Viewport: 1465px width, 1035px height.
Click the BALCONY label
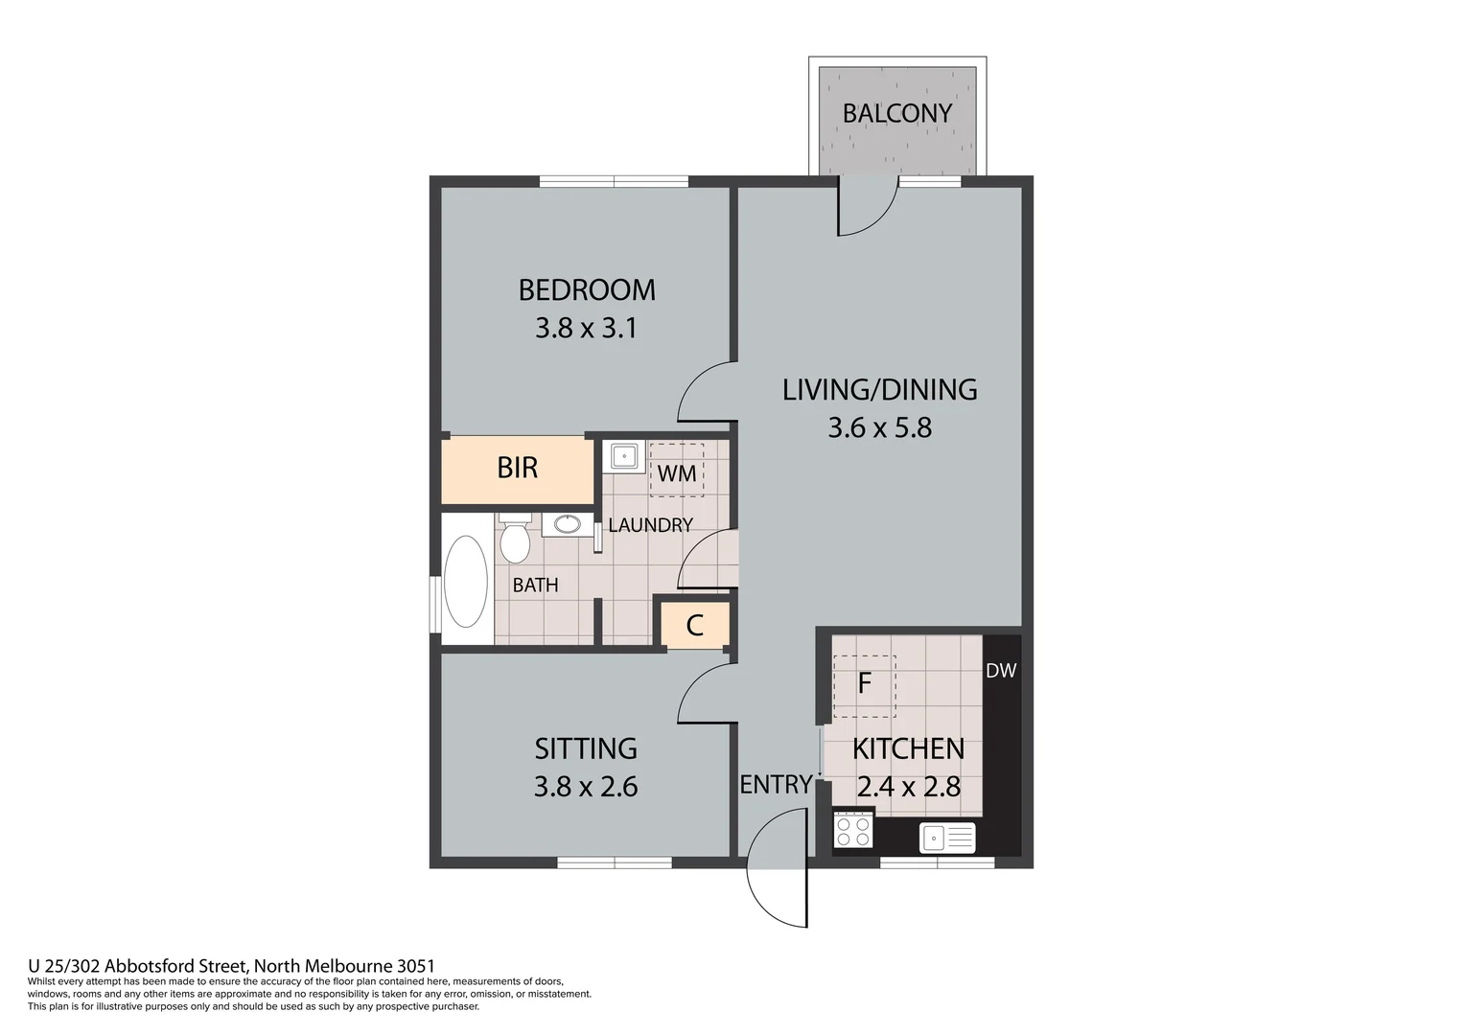point(896,113)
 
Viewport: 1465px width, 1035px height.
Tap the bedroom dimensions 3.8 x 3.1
point(586,329)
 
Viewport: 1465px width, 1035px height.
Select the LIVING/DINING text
point(879,390)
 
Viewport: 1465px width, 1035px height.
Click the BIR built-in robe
point(517,469)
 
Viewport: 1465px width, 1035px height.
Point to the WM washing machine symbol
point(676,471)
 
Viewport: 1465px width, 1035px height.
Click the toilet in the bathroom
point(515,541)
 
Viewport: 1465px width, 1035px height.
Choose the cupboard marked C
point(695,626)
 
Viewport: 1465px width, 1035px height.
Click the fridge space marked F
point(864,684)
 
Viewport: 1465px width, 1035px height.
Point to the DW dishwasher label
point(1001,671)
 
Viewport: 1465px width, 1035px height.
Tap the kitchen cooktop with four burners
point(852,830)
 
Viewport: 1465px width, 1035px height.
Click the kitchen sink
point(947,839)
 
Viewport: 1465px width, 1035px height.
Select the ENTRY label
point(775,785)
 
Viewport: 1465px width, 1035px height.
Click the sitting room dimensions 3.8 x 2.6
point(586,787)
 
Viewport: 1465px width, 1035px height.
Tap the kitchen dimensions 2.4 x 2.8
point(908,788)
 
